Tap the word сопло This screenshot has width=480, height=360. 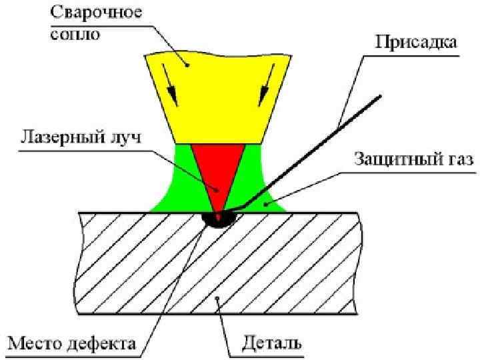coord(75,33)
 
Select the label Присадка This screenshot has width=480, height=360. coord(417,43)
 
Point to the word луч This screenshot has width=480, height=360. coord(124,140)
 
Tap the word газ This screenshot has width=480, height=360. coord(457,161)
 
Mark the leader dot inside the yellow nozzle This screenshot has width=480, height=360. coord(188,65)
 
